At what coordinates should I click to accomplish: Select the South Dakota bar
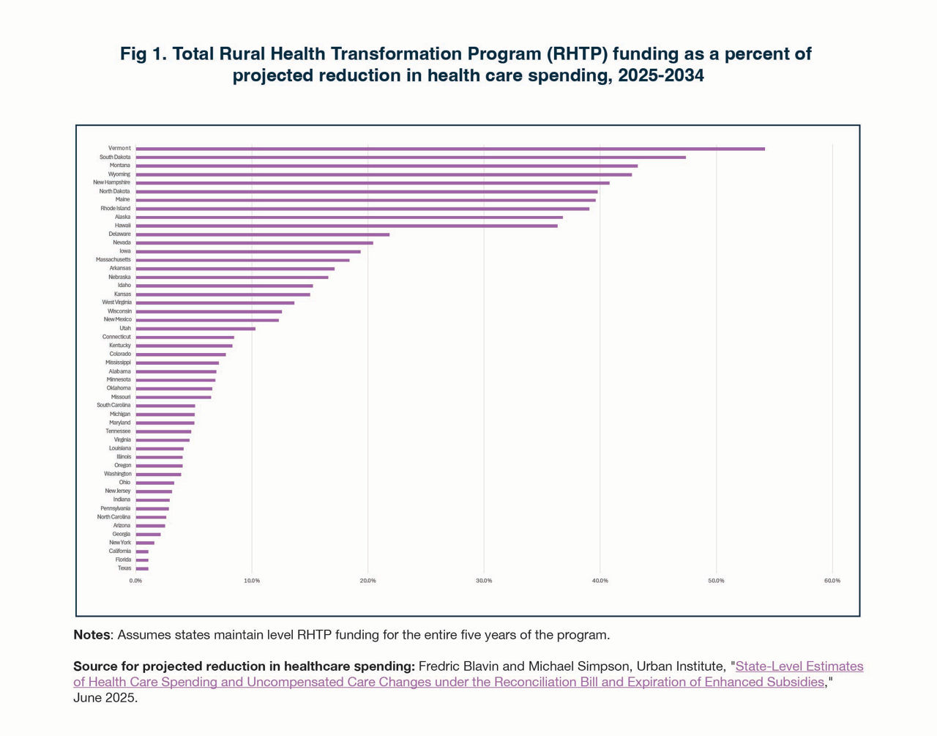[x=410, y=157]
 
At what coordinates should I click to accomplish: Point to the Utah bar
[x=195, y=329]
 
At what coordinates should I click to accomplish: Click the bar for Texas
[x=142, y=568]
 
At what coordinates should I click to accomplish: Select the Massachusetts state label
[x=113, y=260]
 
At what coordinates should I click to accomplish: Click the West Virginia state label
[x=116, y=302]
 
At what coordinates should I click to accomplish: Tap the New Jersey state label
[x=117, y=491]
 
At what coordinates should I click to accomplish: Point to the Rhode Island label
[x=115, y=209]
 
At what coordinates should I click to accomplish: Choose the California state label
[x=119, y=551]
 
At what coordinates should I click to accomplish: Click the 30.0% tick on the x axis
[x=484, y=581]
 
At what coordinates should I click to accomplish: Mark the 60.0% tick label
[x=832, y=581]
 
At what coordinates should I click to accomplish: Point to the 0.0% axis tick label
[x=136, y=581]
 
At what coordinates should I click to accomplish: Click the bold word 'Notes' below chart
[x=92, y=635]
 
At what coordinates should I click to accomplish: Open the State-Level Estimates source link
[x=799, y=666]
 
